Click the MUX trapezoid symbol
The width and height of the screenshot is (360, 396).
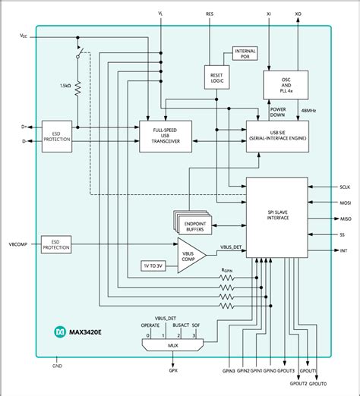[x=173, y=344]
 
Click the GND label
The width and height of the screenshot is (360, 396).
[x=58, y=366]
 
